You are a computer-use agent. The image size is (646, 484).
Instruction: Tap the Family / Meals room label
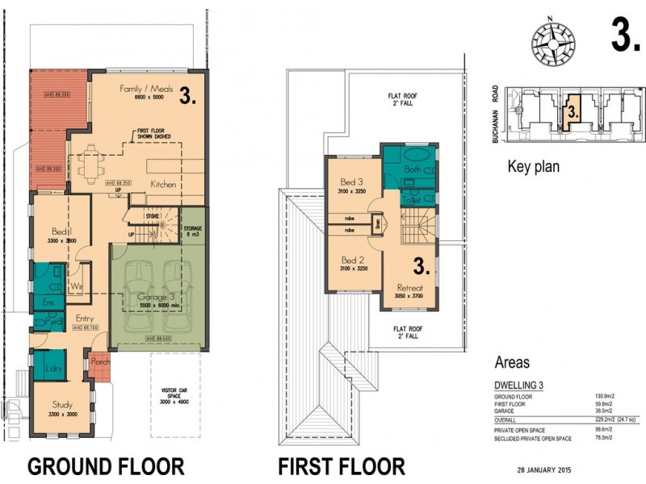142,88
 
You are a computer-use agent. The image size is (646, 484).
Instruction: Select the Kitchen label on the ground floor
164,185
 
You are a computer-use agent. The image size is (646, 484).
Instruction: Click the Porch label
101,362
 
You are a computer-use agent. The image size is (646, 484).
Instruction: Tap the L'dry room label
50,369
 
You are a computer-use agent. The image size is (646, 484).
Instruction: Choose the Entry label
86,319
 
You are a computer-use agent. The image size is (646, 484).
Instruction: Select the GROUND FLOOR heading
106,465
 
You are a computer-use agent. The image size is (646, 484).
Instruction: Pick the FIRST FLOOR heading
341,465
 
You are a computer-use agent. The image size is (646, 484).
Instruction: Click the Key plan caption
533,168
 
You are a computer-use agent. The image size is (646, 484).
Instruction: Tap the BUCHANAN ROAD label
493,116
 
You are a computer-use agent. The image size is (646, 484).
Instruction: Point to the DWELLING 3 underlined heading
517,385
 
